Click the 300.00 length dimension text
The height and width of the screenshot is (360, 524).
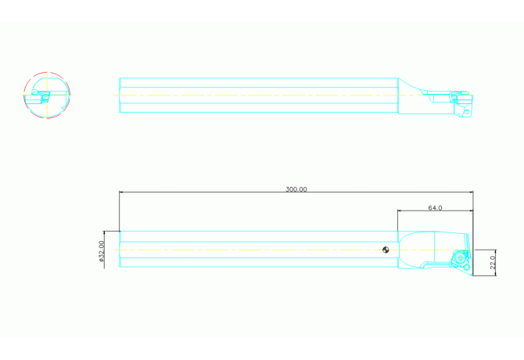[x=296, y=189]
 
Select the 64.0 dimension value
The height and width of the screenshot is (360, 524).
[x=435, y=208]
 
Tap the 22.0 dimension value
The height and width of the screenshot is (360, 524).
[x=493, y=259]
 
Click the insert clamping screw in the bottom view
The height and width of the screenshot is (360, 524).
[x=459, y=257]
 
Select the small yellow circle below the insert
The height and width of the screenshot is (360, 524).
[x=467, y=267]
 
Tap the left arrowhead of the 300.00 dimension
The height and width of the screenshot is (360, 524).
[x=122, y=192]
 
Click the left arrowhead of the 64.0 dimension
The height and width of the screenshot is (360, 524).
[x=400, y=211]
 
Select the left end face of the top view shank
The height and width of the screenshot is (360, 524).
[x=120, y=95]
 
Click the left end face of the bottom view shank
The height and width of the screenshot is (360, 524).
[x=120, y=250]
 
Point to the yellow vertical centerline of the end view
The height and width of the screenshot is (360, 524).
[x=47, y=82]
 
